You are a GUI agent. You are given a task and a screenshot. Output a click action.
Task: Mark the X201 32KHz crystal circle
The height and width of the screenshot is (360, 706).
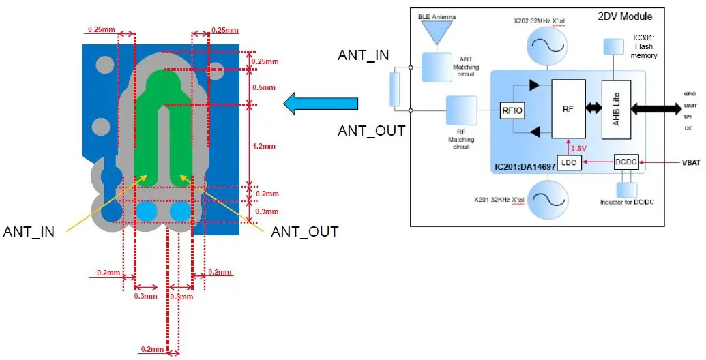(x=548, y=200)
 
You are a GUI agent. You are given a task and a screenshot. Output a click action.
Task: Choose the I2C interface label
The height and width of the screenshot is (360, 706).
(x=690, y=127)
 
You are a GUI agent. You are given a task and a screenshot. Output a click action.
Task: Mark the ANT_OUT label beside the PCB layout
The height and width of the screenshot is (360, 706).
(x=304, y=232)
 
